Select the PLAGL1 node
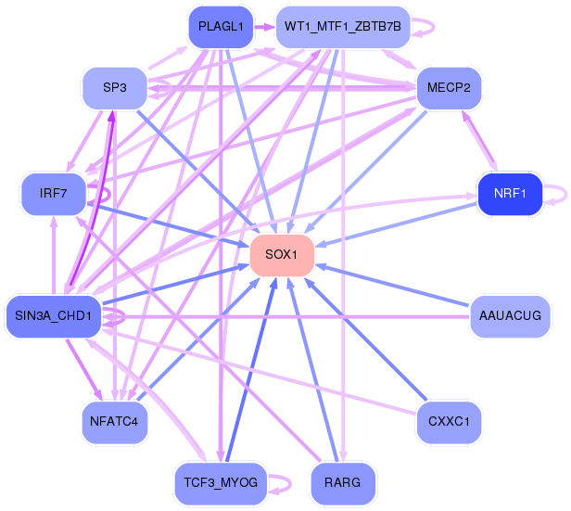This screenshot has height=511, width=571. (221, 27)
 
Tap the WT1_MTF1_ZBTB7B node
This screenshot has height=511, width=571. (343, 27)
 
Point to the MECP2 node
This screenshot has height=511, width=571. (449, 88)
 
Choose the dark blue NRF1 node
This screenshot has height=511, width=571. (509, 194)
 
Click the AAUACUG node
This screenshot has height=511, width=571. (510, 316)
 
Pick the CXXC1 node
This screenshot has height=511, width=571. (449, 422)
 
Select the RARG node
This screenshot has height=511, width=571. (343, 482)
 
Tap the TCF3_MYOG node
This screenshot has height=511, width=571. (221, 482)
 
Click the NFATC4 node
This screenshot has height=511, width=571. (115, 422)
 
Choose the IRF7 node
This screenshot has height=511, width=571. (54, 194)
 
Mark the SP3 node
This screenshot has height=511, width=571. (115, 88)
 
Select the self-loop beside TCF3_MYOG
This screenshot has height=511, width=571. (284, 482)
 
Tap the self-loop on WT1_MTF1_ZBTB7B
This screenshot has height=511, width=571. (425, 27)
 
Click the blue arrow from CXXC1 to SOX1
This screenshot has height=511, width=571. (371, 343)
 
